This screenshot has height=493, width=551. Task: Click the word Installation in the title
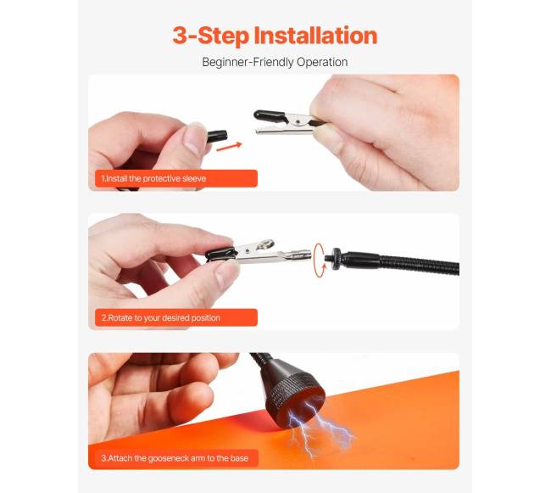(x=315, y=36)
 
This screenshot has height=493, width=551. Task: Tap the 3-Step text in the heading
(x=211, y=36)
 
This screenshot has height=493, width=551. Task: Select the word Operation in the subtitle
(x=322, y=62)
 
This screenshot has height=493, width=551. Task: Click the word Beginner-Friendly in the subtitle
(x=248, y=62)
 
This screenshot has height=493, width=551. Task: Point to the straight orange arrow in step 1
(x=229, y=147)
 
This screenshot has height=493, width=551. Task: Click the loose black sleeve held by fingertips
(x=217, y=137)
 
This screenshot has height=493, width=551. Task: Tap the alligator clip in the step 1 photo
(x=289, y=122)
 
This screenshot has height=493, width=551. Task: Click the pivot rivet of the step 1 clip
(x=298, y=121)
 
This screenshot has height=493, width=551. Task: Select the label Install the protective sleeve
(x=154, y=179)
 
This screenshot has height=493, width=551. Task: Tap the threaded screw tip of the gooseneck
(x=328, y=254)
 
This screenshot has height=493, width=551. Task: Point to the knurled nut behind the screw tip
(x=337, y=254)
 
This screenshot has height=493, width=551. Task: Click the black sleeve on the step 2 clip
(x=220, y=254)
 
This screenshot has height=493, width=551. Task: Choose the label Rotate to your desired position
(x=161, y=318)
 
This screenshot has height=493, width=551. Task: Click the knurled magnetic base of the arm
(x=294, y=396)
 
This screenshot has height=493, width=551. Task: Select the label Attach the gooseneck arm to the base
(x=175, y=458)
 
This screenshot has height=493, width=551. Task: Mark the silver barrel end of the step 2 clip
(x=298, y=255)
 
